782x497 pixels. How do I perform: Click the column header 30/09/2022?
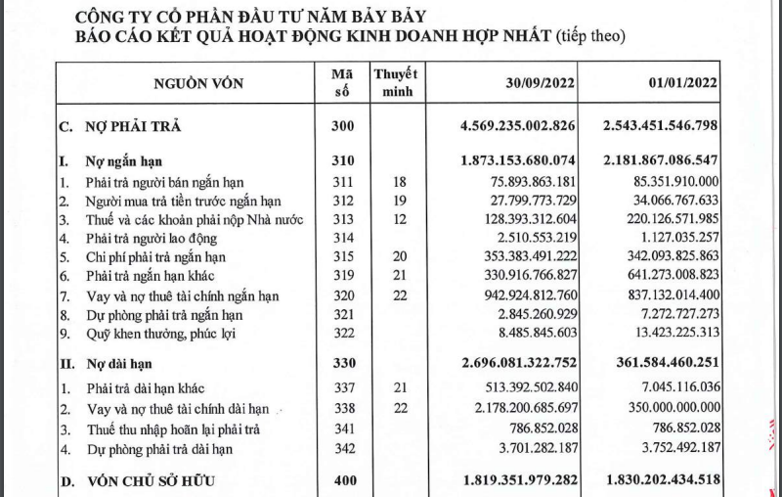point(526,83)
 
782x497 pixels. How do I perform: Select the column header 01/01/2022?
point(677,83)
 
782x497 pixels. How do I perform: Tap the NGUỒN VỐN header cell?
point(194,84)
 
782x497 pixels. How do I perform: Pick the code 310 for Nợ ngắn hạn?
point(341,160)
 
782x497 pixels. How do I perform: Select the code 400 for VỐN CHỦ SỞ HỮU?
point(341,479)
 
